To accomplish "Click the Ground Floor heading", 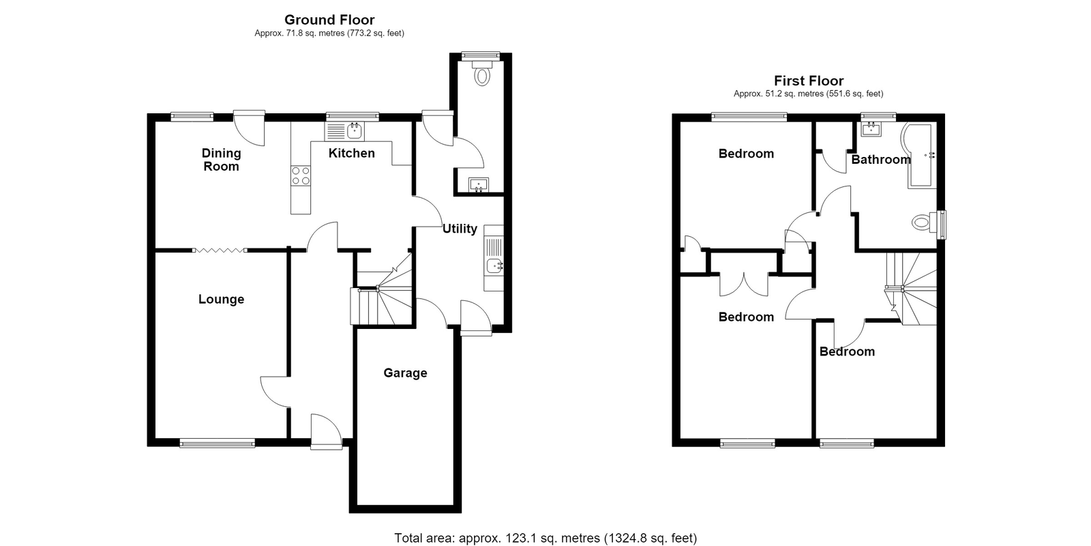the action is [x=329, y=20].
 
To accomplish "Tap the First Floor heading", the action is [x=809, y=81].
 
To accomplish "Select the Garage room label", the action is [x=405, y=373].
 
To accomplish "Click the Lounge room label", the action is [x=221, y=300].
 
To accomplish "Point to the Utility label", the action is [x=460, y=229].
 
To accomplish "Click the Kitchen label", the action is [x=352, y=153].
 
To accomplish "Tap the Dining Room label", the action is [x=221, y=160].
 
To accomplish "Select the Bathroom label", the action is [x=881, y=160].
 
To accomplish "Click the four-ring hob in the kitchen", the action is [x=301, y=176].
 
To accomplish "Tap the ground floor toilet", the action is [x=481, y=73].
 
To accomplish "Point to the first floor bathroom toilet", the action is [x=925, y=223].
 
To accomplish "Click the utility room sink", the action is [x=494, y=258].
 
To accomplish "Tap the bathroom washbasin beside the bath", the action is [x=872, y=129].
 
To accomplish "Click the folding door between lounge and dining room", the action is [x=220, y=250].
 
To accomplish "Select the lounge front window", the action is [x=218, y=443].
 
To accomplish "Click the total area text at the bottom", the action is [x=545, y=538].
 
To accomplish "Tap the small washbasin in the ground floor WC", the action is [x=479, y=185].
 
